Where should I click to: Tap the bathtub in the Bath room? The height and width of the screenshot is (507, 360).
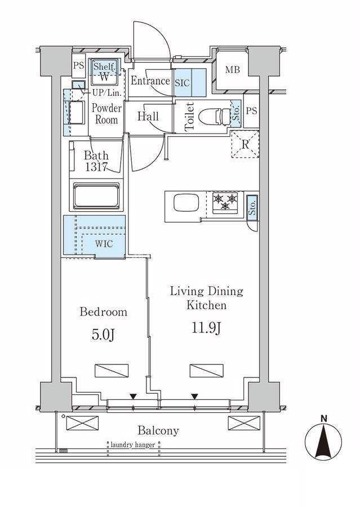96,196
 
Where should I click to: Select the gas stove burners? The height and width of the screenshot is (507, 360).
225,201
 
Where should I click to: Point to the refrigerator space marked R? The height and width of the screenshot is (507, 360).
246,144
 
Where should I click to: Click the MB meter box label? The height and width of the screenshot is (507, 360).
233,69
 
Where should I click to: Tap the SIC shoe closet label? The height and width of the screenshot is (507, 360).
182,83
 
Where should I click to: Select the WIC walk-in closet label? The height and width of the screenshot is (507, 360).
104,243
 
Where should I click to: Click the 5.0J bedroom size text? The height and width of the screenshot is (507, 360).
103,335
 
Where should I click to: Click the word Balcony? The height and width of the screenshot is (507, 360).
158,431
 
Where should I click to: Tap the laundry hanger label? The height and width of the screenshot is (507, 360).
132,445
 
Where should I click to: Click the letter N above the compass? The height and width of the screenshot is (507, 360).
323,419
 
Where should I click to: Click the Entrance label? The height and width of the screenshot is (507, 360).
150,81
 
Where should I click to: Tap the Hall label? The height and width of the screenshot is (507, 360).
148,116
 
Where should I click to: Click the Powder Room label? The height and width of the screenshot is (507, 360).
106,114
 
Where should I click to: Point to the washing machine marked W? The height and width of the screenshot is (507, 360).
104,77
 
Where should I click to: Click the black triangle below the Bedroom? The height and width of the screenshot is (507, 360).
132,397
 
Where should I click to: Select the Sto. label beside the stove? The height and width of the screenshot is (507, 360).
252,208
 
